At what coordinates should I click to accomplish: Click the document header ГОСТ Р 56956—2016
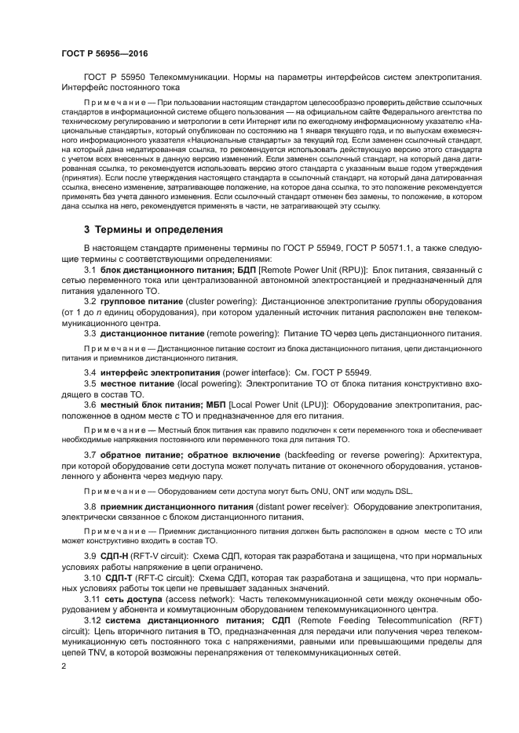click(x=104, y=53)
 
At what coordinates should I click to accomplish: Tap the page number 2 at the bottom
click(x=64, y=666)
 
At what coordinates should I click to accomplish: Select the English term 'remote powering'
click(x=240, y=333)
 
